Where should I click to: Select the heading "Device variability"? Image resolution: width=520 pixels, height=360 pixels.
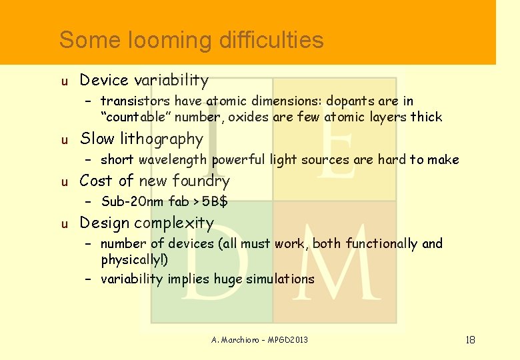point(144,81)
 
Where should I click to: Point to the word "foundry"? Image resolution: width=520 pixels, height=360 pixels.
point(201,181)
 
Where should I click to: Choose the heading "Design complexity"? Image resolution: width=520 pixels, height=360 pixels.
point(147,223)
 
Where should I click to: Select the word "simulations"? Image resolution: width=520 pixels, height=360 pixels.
point(280,279)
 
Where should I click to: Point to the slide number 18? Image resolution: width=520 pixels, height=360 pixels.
point(470,340)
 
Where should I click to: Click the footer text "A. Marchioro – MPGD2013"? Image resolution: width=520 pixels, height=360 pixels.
point(260,340)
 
